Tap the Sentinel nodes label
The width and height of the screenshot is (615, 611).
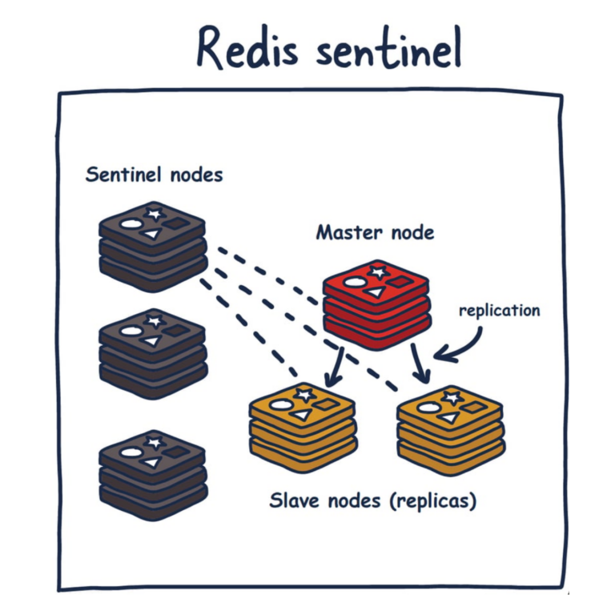[x=154, y=174]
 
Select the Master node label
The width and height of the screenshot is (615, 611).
[x=375, y=232]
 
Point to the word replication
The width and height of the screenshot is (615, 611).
[x=499, y=310]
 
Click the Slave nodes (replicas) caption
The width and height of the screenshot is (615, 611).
[x=373, y=502]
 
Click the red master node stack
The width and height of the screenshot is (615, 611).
[x=376, y=303]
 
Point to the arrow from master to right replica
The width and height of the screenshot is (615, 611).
[x=417, y=362]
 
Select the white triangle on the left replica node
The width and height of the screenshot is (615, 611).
[x=300, y=415]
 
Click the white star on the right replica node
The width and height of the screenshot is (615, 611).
[x=452, y=396]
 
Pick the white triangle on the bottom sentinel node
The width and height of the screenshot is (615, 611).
[x=151, y=462]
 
